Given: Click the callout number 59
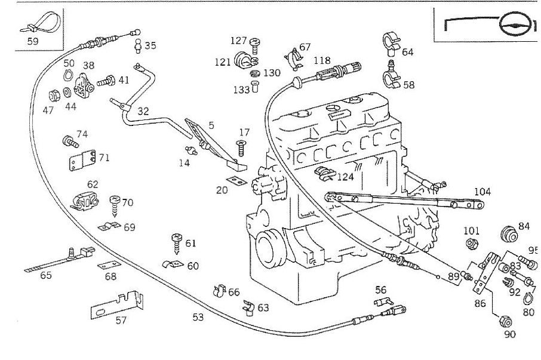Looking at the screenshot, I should click(x=33, y=42).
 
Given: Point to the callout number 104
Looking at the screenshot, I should click(x=482, y=192).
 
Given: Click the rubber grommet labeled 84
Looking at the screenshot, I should click(x=509, y=233).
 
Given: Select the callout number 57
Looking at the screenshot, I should click(x=121, y=320).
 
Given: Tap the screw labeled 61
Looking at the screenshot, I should click(x=177, y=241).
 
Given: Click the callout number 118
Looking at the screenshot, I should click(x=321, y=60).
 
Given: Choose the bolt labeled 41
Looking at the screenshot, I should click(x=107, y=81).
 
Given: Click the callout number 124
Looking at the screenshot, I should click(x=345, y=177).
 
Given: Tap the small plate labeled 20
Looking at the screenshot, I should click(x=236, y=180).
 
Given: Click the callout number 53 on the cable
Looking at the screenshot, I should click(x=198, y=317).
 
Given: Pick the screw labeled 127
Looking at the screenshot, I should click(x=255, y=42).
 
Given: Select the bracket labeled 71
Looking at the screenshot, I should click(x=82, y=159).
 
